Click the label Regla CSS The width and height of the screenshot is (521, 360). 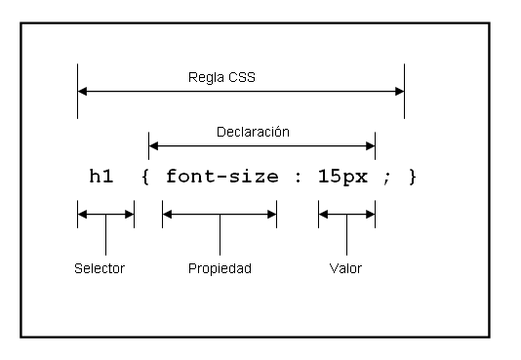pos(222,75)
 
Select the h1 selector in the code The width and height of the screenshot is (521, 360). pos(101,177)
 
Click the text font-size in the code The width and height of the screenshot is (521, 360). pos(220,177)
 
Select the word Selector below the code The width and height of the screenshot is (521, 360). pos(100,268)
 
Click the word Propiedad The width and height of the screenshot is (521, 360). pos(220,268)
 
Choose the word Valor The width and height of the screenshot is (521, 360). pos(346,268)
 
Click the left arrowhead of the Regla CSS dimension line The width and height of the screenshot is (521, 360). pos(83,92)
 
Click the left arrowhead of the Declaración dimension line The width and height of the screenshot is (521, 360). pos(154,147)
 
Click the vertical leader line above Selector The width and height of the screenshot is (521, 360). pos(105,236)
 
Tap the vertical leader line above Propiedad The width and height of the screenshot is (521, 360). pos(220,236)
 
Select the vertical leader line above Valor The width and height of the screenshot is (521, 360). pos(346,236)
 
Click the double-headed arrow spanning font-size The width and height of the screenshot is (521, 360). pos(220,215)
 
